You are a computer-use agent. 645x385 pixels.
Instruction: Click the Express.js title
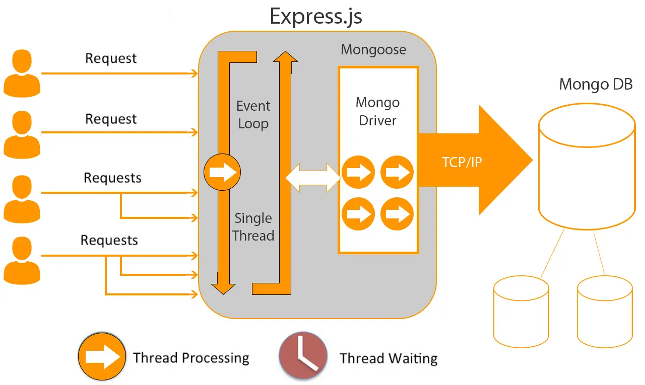point(316,17)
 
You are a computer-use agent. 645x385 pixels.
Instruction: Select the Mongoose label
point(373,50)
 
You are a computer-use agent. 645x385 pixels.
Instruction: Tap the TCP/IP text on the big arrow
point(462,162)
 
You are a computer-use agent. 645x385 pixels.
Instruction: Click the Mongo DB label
point(596,84)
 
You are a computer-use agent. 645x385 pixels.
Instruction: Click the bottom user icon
point(22,261)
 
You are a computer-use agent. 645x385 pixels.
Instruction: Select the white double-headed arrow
point(313,178)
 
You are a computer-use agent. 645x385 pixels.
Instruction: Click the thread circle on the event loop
point(222,173)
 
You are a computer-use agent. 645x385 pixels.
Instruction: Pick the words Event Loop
point(253,115)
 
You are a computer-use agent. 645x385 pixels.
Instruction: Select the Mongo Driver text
point(377,112)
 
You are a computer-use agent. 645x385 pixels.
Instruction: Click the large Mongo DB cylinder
point(587,166)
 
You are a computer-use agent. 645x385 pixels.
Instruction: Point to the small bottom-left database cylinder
point(521,308)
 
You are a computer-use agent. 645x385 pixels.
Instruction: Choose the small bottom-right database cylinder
point(605,309)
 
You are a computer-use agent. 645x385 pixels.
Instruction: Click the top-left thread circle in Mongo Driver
point(358,173)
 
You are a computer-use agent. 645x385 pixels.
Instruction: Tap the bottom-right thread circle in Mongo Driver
point(397,213)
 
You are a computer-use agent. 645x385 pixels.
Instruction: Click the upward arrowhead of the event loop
point(285,56)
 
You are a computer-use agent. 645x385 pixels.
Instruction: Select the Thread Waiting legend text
point(389,358)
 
